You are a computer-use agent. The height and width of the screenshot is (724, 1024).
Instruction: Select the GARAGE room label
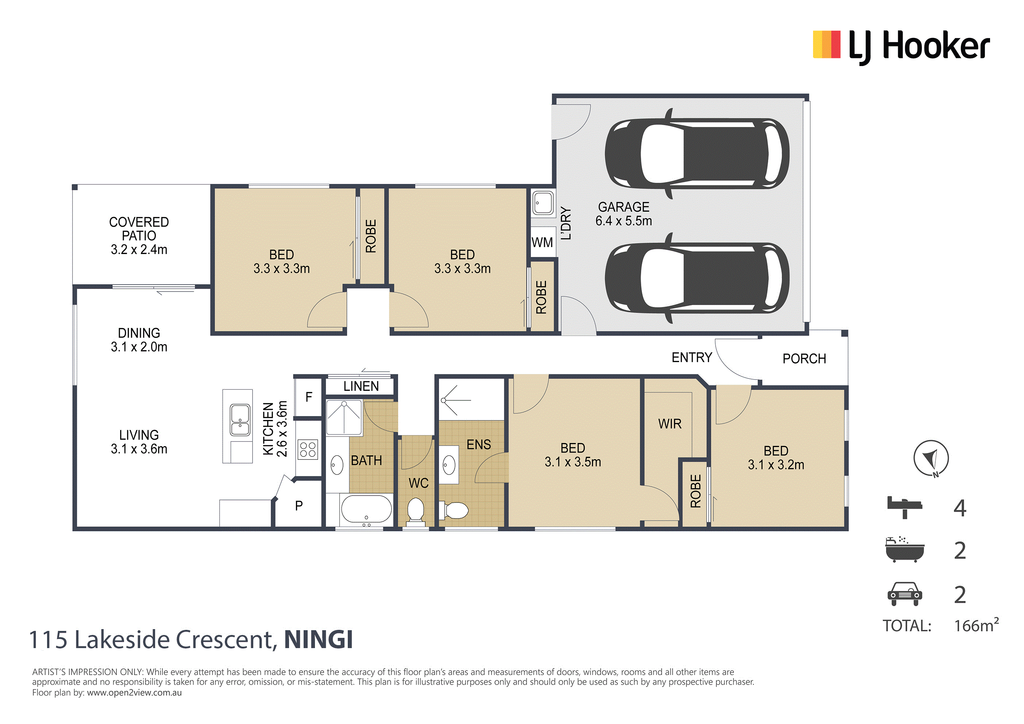[x=624, y=207]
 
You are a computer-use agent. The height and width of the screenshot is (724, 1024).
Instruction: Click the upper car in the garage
[x=697, y=154]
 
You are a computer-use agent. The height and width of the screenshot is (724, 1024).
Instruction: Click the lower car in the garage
[x=697, y=278]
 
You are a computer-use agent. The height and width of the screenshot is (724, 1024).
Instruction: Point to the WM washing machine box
[x=542, y=242]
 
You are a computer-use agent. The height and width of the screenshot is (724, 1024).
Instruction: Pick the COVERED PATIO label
[x=139, y=229]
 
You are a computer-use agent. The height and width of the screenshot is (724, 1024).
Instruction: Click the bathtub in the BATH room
[x=366, y=509]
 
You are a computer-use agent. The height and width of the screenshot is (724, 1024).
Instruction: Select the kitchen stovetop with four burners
[x=308, y=449]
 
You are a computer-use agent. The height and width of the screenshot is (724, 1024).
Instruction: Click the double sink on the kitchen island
[x=240, y=420]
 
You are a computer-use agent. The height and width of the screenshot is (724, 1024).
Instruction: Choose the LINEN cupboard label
[x=361, y=386]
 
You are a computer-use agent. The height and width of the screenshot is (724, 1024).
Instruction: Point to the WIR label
[x=670, y=424]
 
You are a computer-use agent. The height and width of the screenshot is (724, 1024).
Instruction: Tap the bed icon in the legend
[x=904, y=507]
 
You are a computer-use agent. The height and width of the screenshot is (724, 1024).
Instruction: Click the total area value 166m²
[x=976, y=625]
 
